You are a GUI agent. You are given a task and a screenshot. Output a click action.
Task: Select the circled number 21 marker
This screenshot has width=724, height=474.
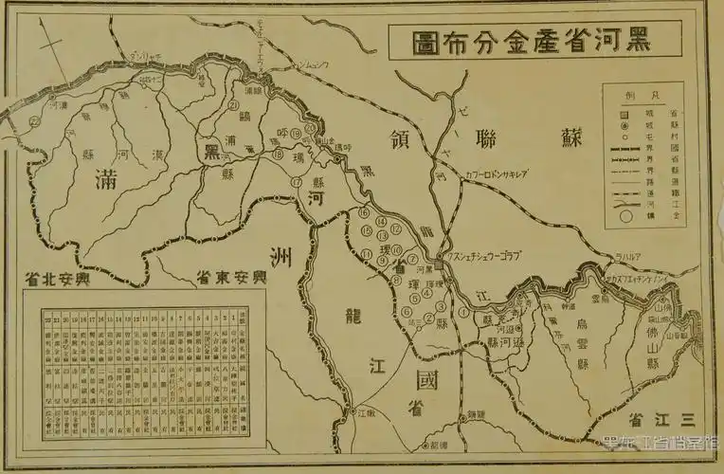click(233, 106)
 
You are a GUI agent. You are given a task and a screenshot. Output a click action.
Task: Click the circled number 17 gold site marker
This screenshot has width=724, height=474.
click(297, 181)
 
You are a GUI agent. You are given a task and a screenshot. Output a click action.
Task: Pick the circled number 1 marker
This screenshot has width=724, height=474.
click(463, 311)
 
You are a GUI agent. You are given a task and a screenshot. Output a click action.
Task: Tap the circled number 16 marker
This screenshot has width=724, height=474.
click(363, 214)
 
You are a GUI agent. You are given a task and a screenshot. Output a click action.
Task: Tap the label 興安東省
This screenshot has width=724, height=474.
click(232, 279)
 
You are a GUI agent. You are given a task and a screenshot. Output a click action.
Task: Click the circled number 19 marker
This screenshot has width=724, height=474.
click(297, 134)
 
